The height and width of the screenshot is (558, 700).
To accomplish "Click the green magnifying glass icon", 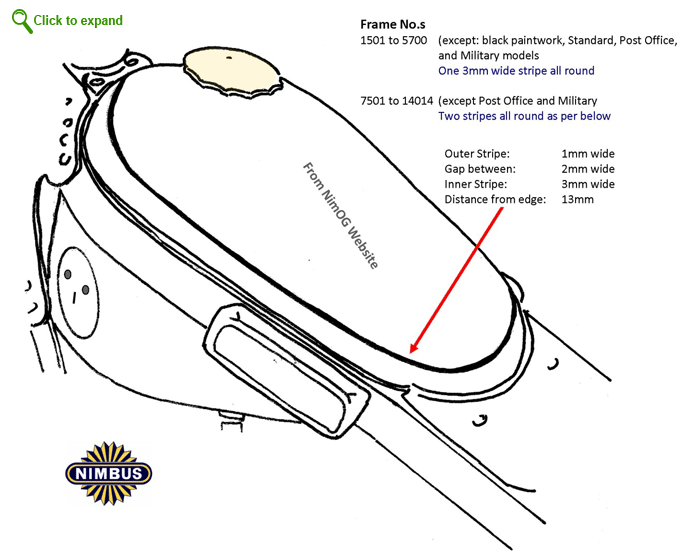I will point(21,20).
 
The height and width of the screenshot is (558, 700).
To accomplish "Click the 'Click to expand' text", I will point(78,20).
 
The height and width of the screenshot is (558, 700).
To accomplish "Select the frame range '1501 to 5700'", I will point(393,40).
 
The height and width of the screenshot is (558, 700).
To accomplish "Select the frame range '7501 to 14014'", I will point(397,101).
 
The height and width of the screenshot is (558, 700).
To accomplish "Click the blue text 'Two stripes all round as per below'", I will point(524,116).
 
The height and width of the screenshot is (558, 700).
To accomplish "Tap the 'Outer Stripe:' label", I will point(477,154).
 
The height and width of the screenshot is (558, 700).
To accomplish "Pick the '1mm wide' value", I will point(588,154).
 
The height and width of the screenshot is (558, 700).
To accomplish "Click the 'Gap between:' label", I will point(478,169).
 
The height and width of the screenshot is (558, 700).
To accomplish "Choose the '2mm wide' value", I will point(588,169).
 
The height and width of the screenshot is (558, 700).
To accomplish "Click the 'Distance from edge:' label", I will point(493,200).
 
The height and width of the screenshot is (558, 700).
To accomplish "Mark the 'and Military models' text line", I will point(488,56).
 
